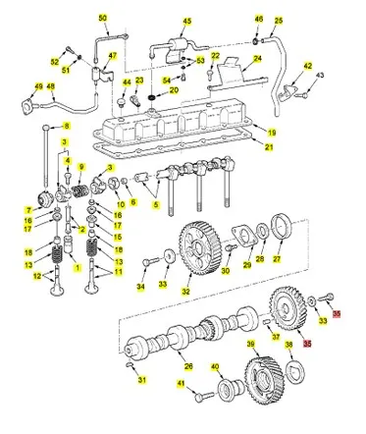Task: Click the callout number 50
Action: coord(102,19)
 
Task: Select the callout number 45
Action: coord(187,21)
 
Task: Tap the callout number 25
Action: coord(278,20)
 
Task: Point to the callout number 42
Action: coord(307,66)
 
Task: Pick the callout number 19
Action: coord(272,132)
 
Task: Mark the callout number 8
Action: coord(67,127)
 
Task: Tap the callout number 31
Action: coord(141,381)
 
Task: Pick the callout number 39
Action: coord(250,344)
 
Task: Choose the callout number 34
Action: coord(140,288)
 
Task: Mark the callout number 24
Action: coord(257,58)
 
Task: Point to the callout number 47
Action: coord(112,56)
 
